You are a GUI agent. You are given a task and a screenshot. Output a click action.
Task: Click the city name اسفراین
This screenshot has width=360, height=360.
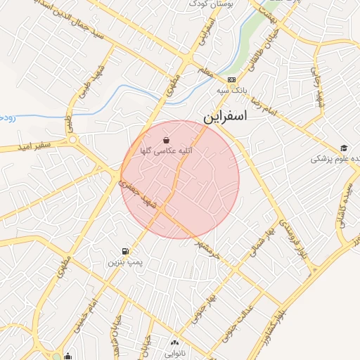click(x=227, y=117)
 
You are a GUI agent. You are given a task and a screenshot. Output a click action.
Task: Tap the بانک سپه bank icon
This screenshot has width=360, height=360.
click(x=231, y=79)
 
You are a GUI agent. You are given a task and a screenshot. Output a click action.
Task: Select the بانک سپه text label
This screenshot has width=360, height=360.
click(x=231, y=91)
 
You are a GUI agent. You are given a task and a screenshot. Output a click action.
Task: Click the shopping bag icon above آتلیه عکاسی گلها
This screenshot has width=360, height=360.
click(x=166, y=140)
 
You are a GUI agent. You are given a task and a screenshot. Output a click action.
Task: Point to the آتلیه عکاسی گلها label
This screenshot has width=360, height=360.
click(x=167, y=151)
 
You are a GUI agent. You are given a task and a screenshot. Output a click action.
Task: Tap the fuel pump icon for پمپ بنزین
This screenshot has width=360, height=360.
click(x=125, y=251)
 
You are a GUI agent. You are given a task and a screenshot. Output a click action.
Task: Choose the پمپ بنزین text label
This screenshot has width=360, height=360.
click(x=124, y=262)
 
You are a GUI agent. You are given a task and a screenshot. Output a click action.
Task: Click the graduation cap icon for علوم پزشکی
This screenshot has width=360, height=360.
click(x=344, y=148)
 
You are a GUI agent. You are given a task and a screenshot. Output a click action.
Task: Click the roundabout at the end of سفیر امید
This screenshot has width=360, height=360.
click(x=73, y=139)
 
